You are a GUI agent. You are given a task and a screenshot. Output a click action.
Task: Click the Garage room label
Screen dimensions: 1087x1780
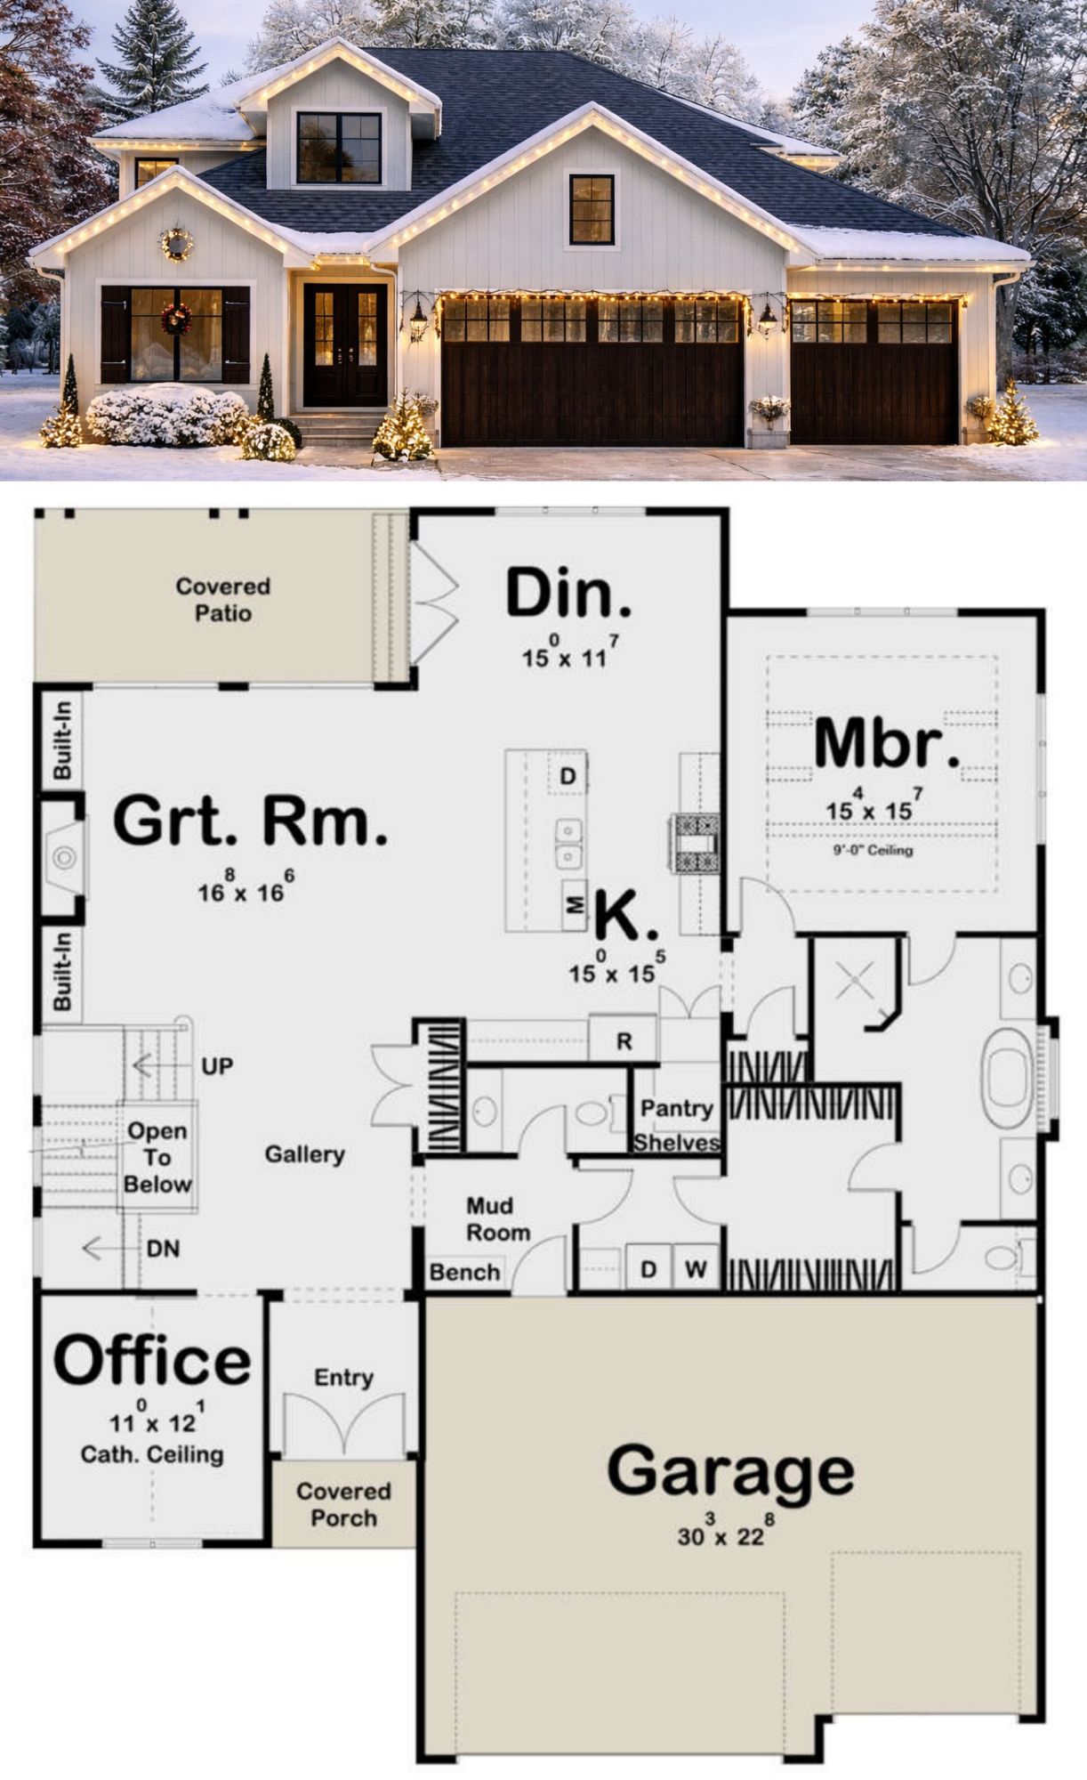(x=730, y=1471)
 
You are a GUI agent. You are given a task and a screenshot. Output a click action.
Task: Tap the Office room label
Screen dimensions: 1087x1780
(x=152, y=1361)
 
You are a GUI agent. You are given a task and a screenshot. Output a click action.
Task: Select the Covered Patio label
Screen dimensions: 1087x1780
(x=222, y=599)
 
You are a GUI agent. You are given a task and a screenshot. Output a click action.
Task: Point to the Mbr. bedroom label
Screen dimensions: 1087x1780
(x=887, y=745)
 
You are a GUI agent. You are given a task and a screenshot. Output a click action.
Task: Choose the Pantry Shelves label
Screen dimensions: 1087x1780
(x=677, y=1125)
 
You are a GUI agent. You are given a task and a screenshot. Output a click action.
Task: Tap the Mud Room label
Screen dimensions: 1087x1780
(x=497, y=1219)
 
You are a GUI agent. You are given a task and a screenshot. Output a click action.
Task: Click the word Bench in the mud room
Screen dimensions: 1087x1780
(x=464, y=1273)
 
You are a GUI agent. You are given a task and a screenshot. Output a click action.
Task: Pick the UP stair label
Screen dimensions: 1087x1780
(x=217, y=1065)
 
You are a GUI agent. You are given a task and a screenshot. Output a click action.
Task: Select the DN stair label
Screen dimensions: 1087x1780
(x=163, y=1249)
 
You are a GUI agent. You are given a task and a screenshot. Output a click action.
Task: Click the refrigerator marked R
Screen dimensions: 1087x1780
(x=624, y=1040)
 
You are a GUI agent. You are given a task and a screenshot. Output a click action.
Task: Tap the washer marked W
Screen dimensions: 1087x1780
(x=696, y=1269)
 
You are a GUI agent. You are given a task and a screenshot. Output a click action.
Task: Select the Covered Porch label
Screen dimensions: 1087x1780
(x=343, y=1504)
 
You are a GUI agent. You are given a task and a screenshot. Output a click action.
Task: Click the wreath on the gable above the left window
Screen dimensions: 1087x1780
(x=176, y=243)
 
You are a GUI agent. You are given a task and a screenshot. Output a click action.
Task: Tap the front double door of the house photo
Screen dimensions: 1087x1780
(x=345, y=344)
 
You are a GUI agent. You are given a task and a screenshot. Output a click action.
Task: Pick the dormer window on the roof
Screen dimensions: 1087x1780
(x=339, y=148)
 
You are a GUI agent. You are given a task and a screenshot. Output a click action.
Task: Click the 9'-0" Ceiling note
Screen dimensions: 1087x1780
(x=873, y=850)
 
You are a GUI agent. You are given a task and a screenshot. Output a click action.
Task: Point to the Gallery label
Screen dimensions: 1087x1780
(x=304, y=1154)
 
